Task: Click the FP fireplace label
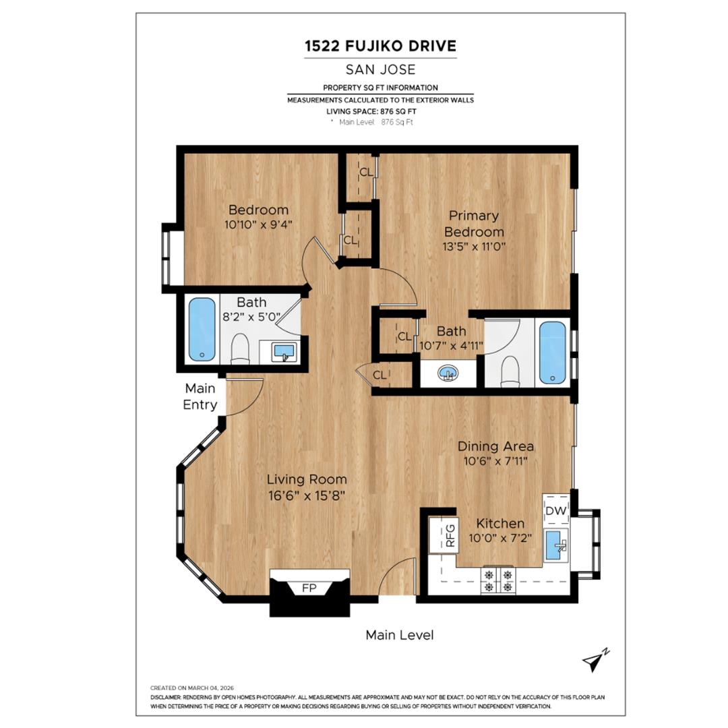tap(309, 588)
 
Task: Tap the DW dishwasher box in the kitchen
tap(556, 510)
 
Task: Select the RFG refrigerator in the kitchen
tap(451, 535)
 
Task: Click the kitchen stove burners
tap(497, 581)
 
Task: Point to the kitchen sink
tap(555, 545)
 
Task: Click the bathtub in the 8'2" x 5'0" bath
tap(201, 330)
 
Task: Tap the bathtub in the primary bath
tap(552, 352)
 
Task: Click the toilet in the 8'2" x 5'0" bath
tap(240, 349)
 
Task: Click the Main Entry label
tap(200, 396)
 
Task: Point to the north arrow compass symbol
tap(595, 661)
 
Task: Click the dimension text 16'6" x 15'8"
tap(306, 495)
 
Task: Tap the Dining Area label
tap(495, 446)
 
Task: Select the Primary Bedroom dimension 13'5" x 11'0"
tap(473, 246)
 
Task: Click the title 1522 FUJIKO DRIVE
tap(380, 46)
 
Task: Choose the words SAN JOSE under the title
tap(380, 69)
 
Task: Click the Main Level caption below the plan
tap(399, 635)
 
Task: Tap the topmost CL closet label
tap(365, 173)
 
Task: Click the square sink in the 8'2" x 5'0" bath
tap(285, 351)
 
